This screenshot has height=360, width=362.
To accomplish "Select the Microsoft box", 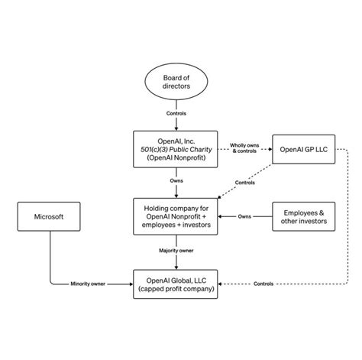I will [x=50, y=217].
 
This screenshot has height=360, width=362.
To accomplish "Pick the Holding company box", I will [x=177, y=217].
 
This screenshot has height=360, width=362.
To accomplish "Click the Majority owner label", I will [x=177, y=250].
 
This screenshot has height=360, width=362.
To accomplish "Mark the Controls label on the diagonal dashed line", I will [x=246, y=183].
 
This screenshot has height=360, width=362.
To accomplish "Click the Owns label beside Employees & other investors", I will [x=244, y=217].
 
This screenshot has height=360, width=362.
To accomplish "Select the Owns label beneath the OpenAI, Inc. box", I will [x=177, y=181].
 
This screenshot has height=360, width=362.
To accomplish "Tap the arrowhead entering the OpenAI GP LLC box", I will [x=271, y=148].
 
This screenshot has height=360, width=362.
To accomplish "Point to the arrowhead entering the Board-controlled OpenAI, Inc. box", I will [x=177, y=128].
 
